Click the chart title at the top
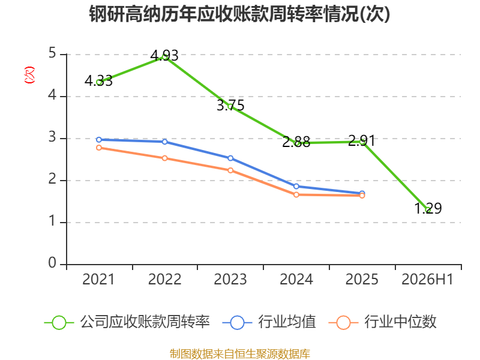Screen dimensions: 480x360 [239, 14]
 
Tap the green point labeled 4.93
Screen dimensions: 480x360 [164, 57]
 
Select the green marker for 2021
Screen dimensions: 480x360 [99, 82]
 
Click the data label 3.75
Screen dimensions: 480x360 [230, 106]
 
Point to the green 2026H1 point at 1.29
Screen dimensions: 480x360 [428, 210]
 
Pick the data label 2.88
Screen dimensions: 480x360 [296, 142]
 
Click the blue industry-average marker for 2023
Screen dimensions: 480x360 [230, 158]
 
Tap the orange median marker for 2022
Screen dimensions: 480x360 [164, 158]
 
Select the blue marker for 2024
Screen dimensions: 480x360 [296, 187]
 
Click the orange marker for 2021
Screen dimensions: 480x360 [99, 148]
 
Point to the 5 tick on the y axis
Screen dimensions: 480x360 [52, 53]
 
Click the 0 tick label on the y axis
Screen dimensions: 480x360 [52, 263]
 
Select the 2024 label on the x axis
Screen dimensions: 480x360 [296, 280]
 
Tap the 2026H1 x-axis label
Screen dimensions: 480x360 [427, 280]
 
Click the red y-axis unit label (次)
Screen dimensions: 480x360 [29, 75]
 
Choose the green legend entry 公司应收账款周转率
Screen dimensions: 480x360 [127, 322]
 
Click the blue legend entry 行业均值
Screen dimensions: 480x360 [269, 322]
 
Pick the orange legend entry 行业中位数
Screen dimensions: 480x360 [382, 322]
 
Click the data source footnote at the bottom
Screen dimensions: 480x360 [240, 354]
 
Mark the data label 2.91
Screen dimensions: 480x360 [362, 141]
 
